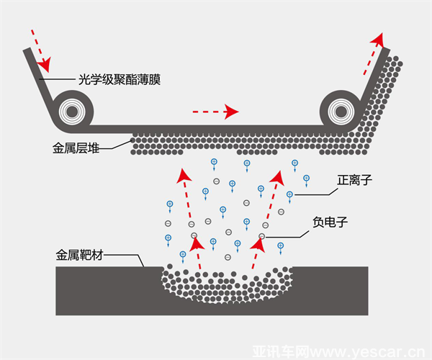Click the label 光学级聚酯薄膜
tap(120, 80)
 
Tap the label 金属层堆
tap(76, 148)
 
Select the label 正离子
tap(354, 181)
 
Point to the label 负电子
tap(330, 222)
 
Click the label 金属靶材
tap(79, 255)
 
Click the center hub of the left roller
tap(72, 112)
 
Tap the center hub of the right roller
tap(341, 112)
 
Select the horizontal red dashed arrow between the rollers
tap(215, 112)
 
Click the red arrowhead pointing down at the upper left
tap(45, 65)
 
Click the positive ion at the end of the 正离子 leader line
tap(289, 194)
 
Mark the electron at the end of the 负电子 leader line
tap(262, 236)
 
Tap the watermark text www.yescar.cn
tap(369, 352)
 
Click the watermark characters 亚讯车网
tap(282, 352)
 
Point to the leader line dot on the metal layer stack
tap(132, 140)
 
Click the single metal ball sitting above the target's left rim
tap(170, 266)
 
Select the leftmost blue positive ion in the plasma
tap(168, 238)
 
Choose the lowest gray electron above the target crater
tap(228, 257)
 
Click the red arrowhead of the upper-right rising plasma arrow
tap(277, 178)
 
